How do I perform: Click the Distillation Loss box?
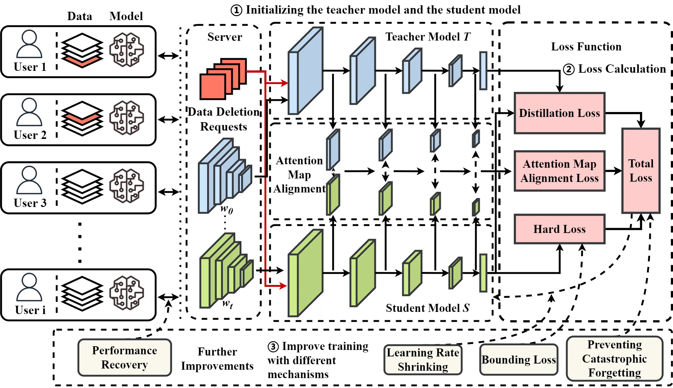tap(559, 113)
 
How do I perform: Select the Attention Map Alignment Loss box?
tap(559, 171)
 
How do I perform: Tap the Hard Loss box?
tap(559, 229)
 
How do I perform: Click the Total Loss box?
tap(641, 170)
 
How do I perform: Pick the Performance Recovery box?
tap(125, 357)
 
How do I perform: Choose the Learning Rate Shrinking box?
tap(423, 360)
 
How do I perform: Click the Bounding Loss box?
tap(519, 360)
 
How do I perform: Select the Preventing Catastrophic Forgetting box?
tap(614, 359)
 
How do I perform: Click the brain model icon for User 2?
tap(126, 118)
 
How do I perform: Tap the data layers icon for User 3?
tap(82, 186)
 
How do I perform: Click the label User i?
tap(30, 310)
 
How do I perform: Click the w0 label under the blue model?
tap(227, 209)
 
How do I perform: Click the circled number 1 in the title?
tap(236, 10)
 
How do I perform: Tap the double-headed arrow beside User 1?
tap(168, 56)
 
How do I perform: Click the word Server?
tap(225, 37)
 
